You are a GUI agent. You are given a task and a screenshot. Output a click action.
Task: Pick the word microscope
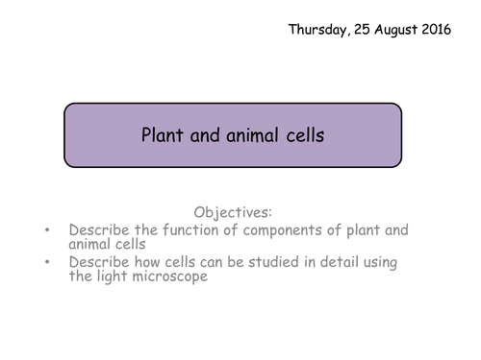coord(176,277)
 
